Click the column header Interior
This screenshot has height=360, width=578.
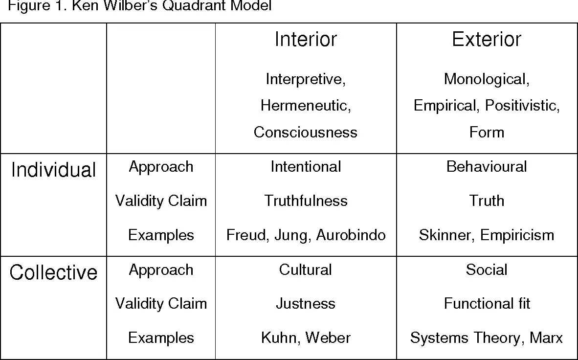tap(306, 39)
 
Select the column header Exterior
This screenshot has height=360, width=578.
tap(487, 39)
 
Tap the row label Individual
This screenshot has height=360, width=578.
tap(53, 170)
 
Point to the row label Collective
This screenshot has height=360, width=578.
tap(53, 272)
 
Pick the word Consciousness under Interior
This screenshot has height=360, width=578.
tap(306, 133)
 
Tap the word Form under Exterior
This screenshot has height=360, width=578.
tap(487, 133)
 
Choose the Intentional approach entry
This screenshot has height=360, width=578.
tap(306, 167)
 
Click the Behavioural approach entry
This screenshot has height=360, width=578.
tap(487, 167)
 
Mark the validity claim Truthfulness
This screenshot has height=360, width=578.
tap(306, 201)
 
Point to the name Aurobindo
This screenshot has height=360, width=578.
tap(351, 235)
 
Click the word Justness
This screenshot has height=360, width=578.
tap(306, 304)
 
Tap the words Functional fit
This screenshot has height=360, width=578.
tap(487, 304)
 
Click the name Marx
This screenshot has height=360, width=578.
tap(546, 338)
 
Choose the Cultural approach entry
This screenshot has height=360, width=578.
tap(306, 270)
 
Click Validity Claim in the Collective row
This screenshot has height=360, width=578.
tap(161, 304)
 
